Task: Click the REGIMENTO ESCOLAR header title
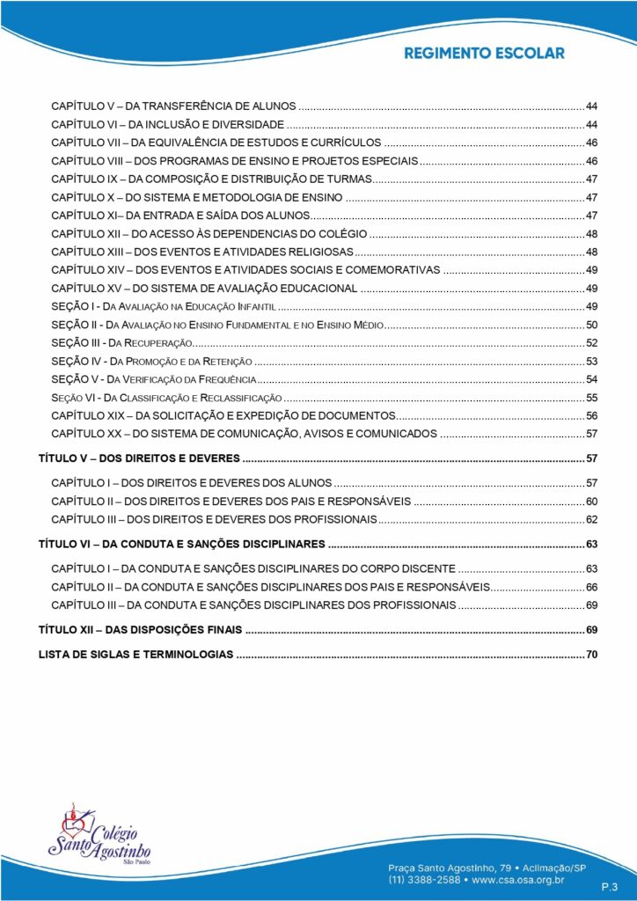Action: pos(484,53)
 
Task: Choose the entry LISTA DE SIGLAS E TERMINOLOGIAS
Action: pos(136,655)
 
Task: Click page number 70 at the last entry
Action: pos(592,655)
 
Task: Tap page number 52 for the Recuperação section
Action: pos(592,342)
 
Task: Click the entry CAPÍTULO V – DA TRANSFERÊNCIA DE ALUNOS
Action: pos(173,105)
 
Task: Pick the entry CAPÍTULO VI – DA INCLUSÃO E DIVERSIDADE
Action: pos(167,123)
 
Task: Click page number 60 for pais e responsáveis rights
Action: pos(592,502)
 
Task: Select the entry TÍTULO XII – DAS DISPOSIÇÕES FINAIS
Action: pos(141,630)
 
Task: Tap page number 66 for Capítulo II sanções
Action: pos(592,587)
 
